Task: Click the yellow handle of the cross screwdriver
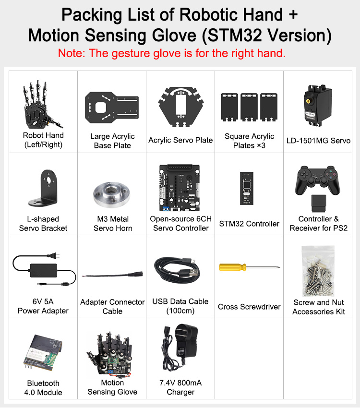coord(232,267)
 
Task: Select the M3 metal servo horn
coord(111,195)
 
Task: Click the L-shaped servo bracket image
coord(43,188)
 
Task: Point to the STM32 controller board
coord(247,188)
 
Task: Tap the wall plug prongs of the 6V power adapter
coord(55,256)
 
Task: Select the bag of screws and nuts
coord(318,271)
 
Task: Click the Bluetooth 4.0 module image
coord(43,353)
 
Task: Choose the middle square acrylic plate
coord(249,107)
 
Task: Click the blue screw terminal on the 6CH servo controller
coord(166,209)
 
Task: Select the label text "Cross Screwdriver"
coord(249,307)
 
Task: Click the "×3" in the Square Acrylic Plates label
coord(261,145)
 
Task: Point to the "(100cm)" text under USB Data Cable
coord(180,311)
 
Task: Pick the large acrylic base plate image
coord(112,107)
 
